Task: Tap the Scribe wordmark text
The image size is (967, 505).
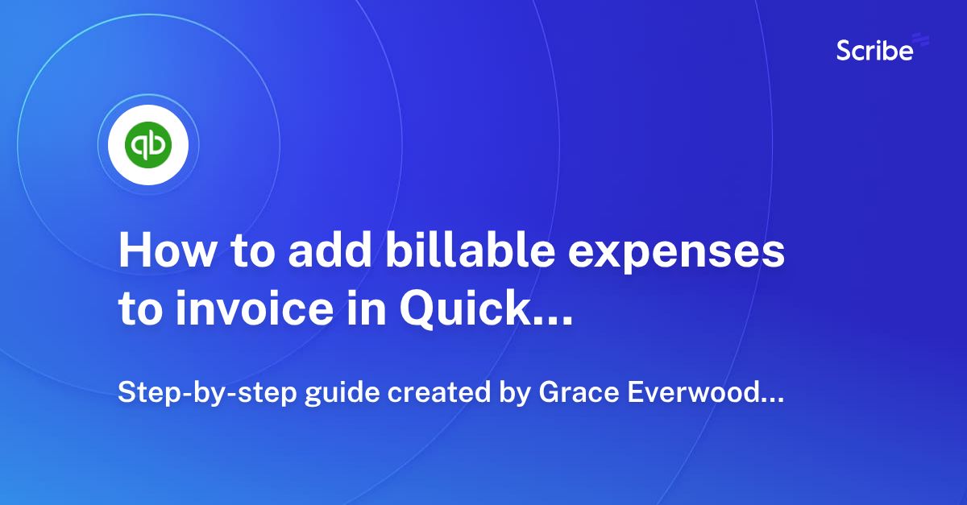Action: coord(874,52)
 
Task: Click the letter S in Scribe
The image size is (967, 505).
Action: coord(845,52)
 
